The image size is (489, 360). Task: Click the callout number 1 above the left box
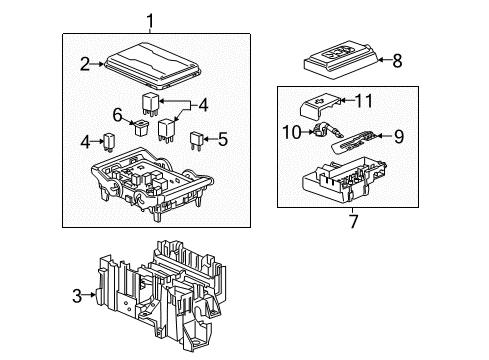pos(151,21)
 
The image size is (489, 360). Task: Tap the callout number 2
pos(84,63)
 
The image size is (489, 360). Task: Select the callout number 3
pos(78,294)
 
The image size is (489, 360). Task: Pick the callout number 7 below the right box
pos(353,222)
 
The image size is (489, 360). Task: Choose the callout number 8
pos(398,60)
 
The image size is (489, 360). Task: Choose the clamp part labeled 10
pos(321,130)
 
